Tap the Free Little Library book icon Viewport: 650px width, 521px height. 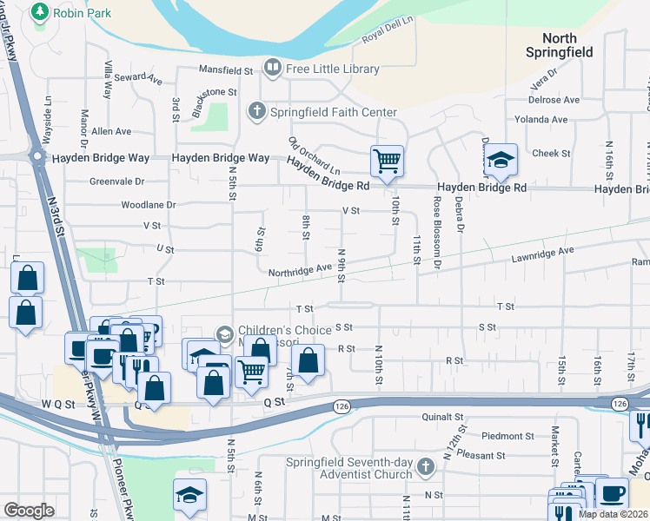[272, 67]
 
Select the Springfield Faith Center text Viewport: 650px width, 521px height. [334, 112]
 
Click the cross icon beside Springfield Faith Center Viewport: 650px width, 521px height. [256, 111]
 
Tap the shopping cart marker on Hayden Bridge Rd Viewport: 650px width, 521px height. [387, 160]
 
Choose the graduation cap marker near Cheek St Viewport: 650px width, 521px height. [500, 159]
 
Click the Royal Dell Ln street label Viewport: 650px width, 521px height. [386, 31]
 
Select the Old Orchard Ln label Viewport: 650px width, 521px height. [314, 155]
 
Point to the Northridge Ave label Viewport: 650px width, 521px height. [301, 270]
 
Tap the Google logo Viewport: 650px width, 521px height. [30, 511]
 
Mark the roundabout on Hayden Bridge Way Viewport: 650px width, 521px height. [37, 156]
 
